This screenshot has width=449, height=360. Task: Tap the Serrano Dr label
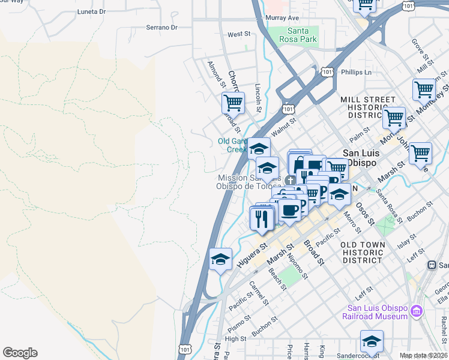point(162,28)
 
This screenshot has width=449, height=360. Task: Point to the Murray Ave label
point(282,19)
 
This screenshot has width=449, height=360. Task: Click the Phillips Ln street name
point(357,73)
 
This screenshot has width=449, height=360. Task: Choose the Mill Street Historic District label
point(368,107)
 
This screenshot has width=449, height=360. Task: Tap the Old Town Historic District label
point(369,253)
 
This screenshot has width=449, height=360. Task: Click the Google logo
point(20,353)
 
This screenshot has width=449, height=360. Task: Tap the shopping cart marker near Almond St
point(233,103)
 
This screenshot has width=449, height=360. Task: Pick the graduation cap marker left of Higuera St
point(220,259)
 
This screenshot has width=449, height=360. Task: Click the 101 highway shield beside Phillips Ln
point(327,72)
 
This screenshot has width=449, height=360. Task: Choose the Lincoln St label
point(258,98)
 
